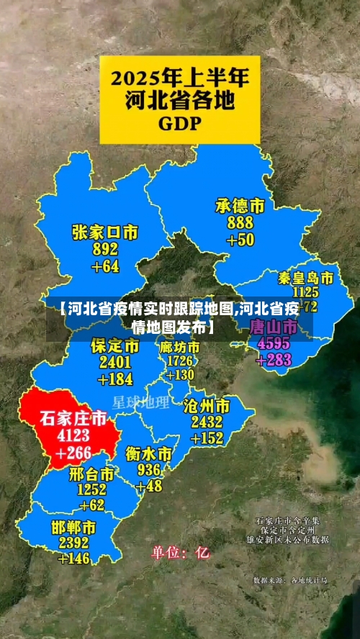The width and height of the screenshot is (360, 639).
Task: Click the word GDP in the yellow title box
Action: pyautogui.click(x=180, y=122)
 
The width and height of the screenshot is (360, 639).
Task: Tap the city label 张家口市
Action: pyautogui.click(x=105, y=232)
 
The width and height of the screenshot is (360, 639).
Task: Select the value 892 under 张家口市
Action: pyautogui.click(x=105, y=250)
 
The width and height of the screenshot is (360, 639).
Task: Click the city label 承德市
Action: pyautogui.click(x=240, y=206)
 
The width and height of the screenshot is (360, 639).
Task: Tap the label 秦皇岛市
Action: pyautogui.click(x=306, y=278)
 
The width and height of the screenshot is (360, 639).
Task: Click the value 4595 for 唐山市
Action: pyautogui.click(x=269, y=344)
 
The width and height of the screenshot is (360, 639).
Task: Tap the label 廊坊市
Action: pyautogui.click(x=180, y=347)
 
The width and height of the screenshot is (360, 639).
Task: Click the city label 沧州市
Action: pyautogui.click(x=207, y=405)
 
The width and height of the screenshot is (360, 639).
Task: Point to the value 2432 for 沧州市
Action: pyautogui.click(x=207, y=422)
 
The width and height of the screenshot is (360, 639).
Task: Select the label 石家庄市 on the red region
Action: pyautogui.click(x=73, y=418)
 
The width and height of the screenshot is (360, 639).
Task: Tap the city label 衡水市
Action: pyautogui.click(x=148, y=454)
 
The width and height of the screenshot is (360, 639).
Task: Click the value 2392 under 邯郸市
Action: pyautogui.click(x=74, y=543)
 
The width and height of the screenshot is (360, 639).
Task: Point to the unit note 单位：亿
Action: pyautogui.click(x=180, y=553)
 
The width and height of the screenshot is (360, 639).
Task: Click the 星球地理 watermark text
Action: pyautogui.click(x=141, y=402)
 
